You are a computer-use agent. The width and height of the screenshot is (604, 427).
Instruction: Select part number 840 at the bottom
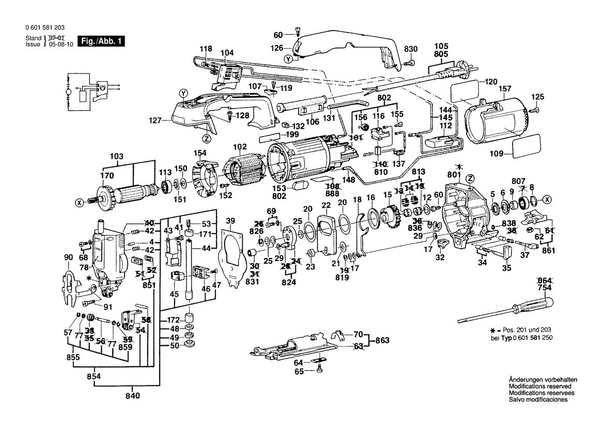[x=132, y=396]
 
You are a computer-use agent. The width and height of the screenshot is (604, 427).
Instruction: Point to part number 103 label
[x=117, y=156]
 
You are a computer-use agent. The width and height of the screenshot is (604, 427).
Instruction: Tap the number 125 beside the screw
[x=538, y=97]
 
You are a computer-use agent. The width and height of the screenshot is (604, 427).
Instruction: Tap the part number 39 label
[x=230, y=221]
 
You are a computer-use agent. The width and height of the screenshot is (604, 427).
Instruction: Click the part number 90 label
[x=68, y=257]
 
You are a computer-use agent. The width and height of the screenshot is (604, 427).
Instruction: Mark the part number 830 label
[x=410, y=49]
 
